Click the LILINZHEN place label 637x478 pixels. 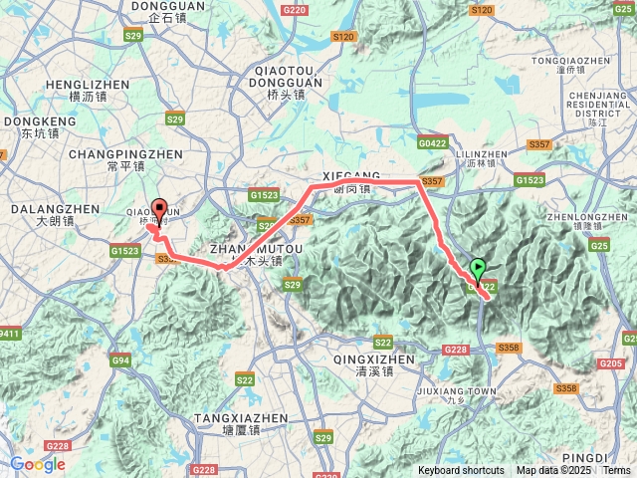[x=482, y=154]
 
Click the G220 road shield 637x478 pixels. [x=294, y=9]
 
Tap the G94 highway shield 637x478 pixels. [x=121, y=359]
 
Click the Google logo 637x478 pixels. [x=38, y=464]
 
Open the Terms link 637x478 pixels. [x=616, y=470]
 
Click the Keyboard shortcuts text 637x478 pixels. [x=461, y=470]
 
